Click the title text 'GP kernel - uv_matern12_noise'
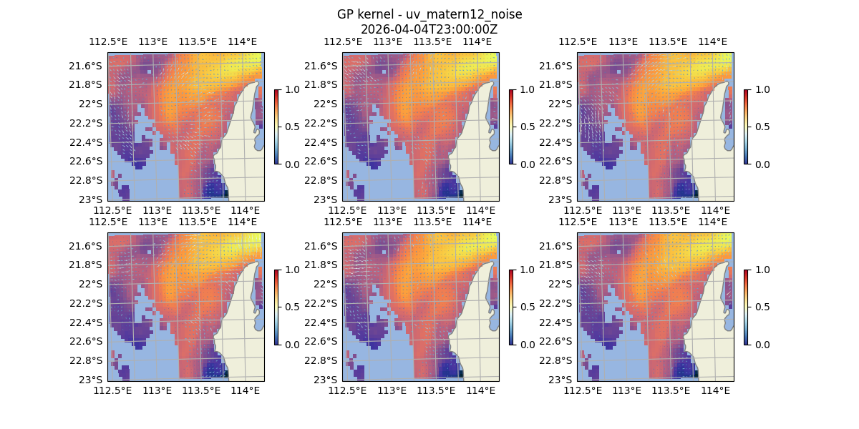pyautogui.click(x=429, y=14)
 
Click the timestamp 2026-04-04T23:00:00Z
pyautogui.click(x=429, y=29)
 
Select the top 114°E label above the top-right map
pyautogui.click(x=712, y=41)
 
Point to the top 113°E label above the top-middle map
pyautogui.click(x=388, y=41)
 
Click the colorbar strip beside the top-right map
pyautogui.click(x=746, y=127)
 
